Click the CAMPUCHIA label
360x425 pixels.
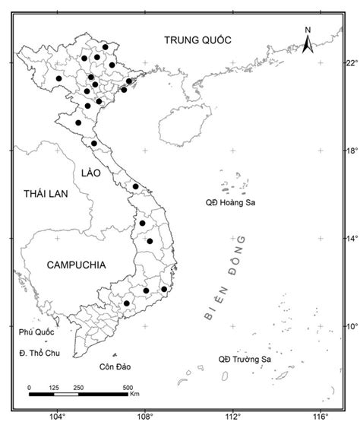(75, 265)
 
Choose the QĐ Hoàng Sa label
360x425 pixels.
(234, 203)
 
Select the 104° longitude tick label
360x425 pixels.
(57, 416)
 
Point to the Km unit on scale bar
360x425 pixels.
(134, 395)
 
